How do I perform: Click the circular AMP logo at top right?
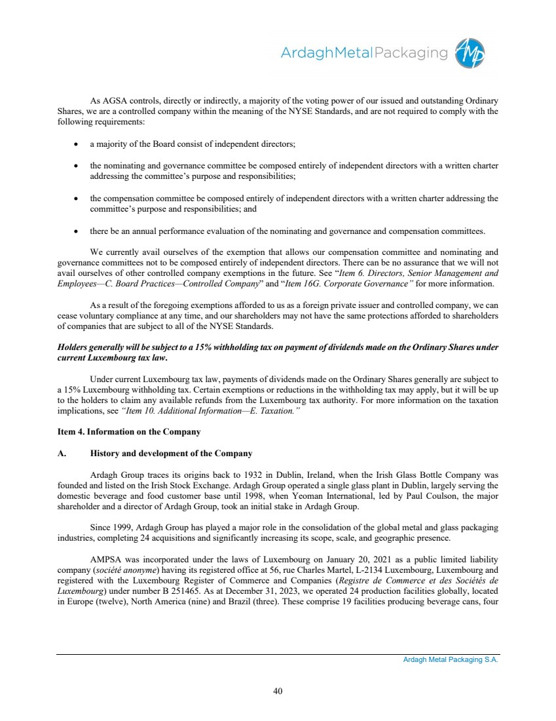click(472, 52)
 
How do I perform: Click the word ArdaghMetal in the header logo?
click(325, 53)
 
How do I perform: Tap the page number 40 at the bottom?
click(278, 690)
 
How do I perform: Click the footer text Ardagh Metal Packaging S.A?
click(450, 660)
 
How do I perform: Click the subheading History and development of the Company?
click(171, 454)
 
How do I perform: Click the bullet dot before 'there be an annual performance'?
click(77, 231)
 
